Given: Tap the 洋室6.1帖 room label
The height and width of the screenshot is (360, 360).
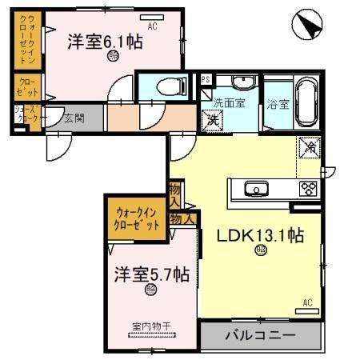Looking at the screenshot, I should point(105,41).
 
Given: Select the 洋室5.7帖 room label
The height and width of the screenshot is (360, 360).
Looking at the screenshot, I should point(150,274).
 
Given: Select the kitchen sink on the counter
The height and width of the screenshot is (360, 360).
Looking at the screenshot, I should point(256,189).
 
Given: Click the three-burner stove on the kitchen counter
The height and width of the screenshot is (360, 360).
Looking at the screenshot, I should point(309,189).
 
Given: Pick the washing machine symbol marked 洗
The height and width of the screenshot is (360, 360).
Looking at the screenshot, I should point(214,119).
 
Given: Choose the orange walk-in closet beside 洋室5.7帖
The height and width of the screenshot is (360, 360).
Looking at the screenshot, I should point(138,218).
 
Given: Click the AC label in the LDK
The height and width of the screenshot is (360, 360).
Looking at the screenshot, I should point(308,302).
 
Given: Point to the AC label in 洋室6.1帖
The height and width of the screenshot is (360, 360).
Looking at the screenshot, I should point(152,26).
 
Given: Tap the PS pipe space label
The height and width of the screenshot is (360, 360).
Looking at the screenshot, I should point(205,78).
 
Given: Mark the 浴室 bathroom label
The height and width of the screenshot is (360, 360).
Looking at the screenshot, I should point(279,102).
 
